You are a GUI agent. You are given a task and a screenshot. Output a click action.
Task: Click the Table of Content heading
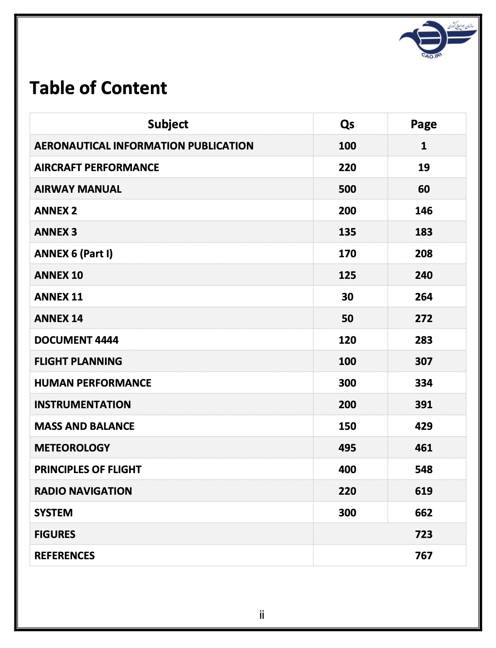click(98, 88)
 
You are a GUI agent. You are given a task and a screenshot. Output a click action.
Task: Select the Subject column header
click(168, 124)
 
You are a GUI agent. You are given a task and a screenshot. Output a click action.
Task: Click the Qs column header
click(347, 124)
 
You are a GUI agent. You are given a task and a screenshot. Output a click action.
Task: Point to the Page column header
click(423, 124)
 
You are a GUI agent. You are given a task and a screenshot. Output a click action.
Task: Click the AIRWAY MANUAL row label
click(78, 189)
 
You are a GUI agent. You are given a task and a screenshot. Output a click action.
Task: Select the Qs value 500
click(347, 189)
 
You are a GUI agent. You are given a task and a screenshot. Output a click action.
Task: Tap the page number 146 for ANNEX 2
click(423, 211)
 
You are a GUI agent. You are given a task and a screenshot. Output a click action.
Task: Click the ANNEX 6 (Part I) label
click(73, 253)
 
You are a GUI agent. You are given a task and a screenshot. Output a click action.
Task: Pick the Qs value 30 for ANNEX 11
click(347, 297)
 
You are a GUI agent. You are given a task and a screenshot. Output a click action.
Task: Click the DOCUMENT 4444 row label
click(76, 340)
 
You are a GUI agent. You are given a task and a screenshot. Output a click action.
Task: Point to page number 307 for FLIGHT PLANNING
click(423, 361)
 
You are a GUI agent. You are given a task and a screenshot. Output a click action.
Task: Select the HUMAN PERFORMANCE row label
click(93, 383)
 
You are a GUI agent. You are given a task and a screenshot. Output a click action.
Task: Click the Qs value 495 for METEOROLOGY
click(347, 448)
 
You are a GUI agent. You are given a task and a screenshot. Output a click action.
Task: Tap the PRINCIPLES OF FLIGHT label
click(88, 469)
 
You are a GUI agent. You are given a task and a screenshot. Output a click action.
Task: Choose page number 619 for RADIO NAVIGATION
click(423, 491)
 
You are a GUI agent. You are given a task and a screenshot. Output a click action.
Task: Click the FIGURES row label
click(55, 534)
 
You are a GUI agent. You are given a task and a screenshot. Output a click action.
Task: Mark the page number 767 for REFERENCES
click(423, 555)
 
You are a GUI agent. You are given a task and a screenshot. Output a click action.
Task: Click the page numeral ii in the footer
click(262, 615)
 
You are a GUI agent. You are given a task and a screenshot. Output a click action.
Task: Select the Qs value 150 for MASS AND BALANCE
click(347, 426)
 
